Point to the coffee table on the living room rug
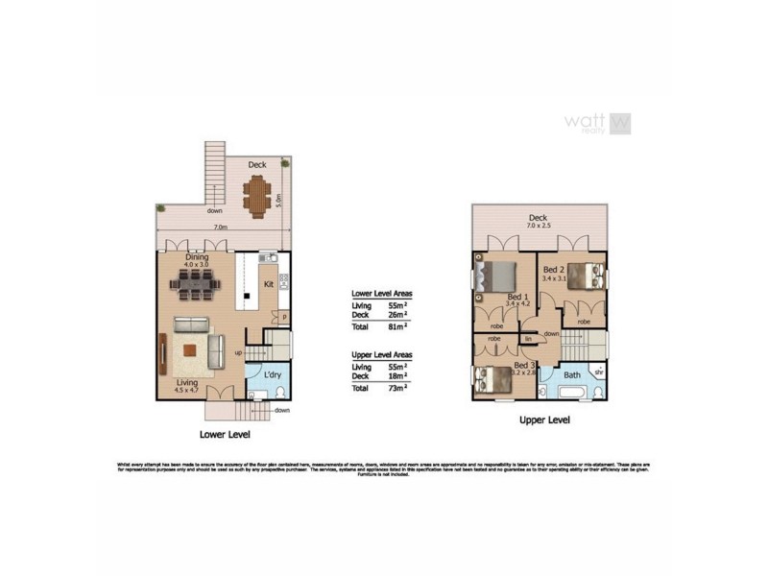coord(193,349)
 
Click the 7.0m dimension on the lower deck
coord(220,228)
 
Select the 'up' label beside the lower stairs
coord(238,352)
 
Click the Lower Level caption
coord(225,434)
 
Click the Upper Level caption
coord(544,420)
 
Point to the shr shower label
coord(598,372)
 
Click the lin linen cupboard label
coord(527,339)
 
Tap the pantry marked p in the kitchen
coord(284,317)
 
